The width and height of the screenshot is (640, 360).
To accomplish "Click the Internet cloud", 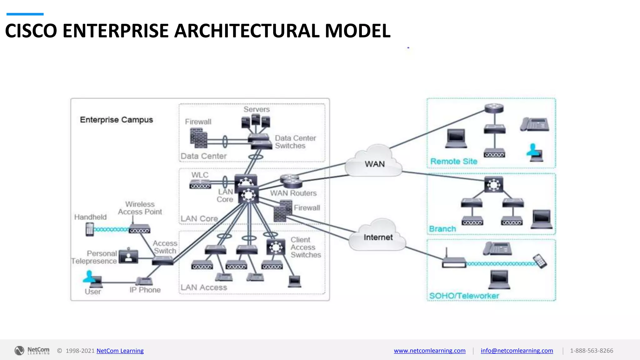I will coord(377,236).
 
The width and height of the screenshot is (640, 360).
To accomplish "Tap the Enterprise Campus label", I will coord(116,120).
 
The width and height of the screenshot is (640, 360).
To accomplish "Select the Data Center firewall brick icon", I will coord(198,138).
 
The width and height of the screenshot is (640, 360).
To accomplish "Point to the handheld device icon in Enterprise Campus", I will coord(90,229).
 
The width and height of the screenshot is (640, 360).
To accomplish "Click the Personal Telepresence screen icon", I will coord(128,256).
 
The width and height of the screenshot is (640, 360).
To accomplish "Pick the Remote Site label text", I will coord(454,161).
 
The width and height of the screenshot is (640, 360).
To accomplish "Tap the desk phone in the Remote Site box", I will coord(535,124).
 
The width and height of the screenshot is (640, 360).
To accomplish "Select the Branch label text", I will coord(442,229).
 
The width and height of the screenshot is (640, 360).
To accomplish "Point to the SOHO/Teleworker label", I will coord(464,296).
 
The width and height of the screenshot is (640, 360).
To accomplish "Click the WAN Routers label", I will coord(293,193).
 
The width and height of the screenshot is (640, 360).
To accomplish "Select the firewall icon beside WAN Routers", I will coord(282,212).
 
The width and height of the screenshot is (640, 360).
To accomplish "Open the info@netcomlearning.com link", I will coord(517,351).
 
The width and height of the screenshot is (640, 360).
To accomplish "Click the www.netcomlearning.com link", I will coord(429,351).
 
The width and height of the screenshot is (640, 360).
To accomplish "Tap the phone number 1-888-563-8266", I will coord(591,351).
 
